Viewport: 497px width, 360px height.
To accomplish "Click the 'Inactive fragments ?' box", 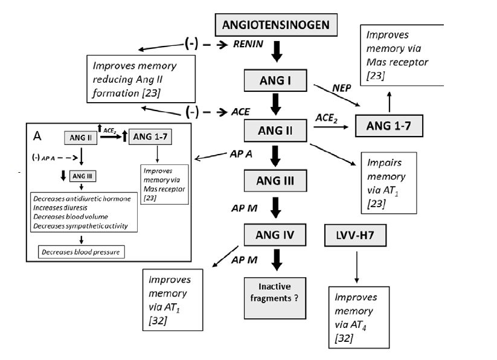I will [273, 292].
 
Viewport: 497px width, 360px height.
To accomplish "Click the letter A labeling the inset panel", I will [37, 136].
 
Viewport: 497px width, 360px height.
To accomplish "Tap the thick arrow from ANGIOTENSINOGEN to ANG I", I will [275, 52].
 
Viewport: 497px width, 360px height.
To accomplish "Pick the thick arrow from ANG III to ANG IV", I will [275, 208].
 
